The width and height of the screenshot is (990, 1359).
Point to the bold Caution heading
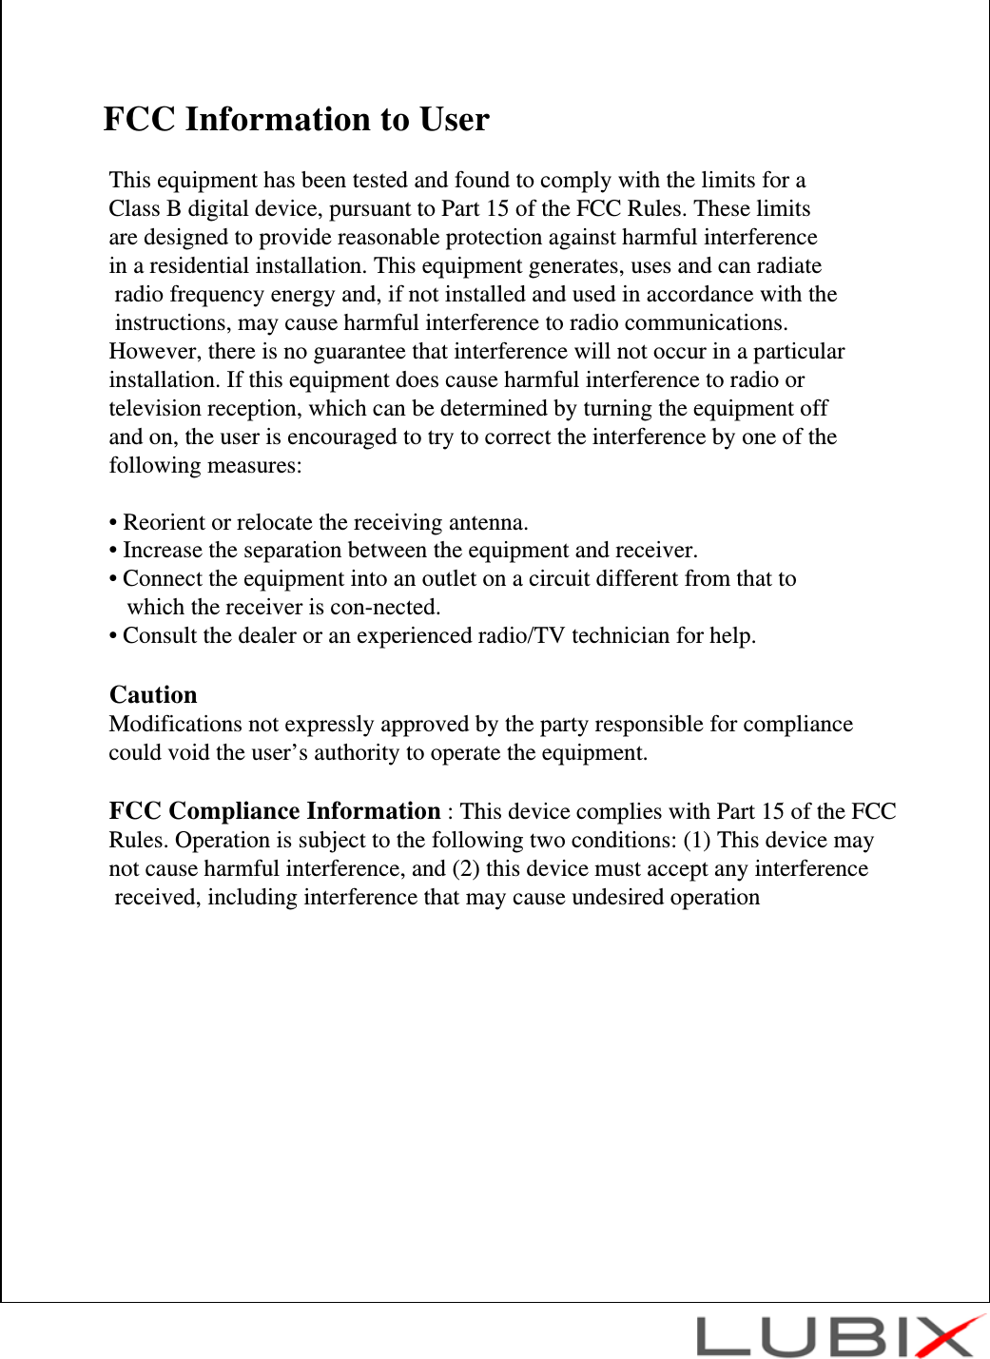point(153,695)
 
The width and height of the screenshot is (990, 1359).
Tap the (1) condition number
point(697,841)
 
